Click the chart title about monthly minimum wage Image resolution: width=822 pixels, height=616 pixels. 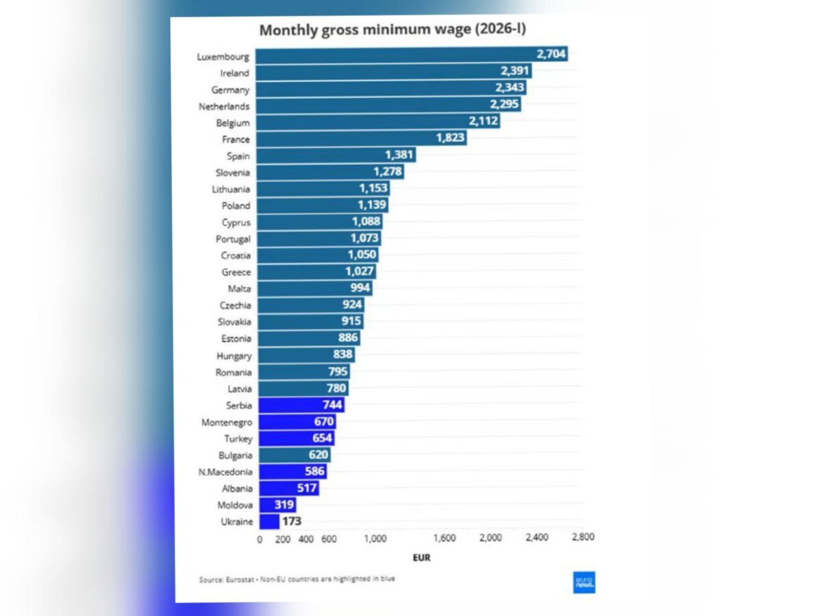393,29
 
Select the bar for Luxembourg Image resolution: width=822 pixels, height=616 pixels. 412,55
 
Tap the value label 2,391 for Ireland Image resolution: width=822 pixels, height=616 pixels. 514,70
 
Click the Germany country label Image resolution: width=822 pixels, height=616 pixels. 230,90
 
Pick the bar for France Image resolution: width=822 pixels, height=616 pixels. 362,138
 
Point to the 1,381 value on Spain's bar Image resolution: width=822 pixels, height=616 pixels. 399,155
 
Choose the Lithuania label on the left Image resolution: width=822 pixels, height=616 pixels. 231,190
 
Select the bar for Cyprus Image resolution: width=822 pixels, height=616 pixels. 320,221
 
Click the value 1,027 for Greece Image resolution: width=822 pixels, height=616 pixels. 359,271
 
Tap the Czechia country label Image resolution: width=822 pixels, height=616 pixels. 235,305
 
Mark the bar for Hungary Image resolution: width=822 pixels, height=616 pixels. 306,355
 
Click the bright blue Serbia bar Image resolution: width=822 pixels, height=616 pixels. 301,405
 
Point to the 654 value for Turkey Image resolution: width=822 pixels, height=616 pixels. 322,438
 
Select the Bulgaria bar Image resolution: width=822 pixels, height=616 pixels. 295,454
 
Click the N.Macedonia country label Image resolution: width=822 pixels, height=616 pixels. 225,472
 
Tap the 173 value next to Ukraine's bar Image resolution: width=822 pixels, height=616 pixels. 292,521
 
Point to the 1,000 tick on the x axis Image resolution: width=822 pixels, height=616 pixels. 375,539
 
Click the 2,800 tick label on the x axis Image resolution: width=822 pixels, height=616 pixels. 583,537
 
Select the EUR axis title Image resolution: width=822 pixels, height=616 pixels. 422,558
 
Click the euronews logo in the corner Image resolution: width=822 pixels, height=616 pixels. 584,582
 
